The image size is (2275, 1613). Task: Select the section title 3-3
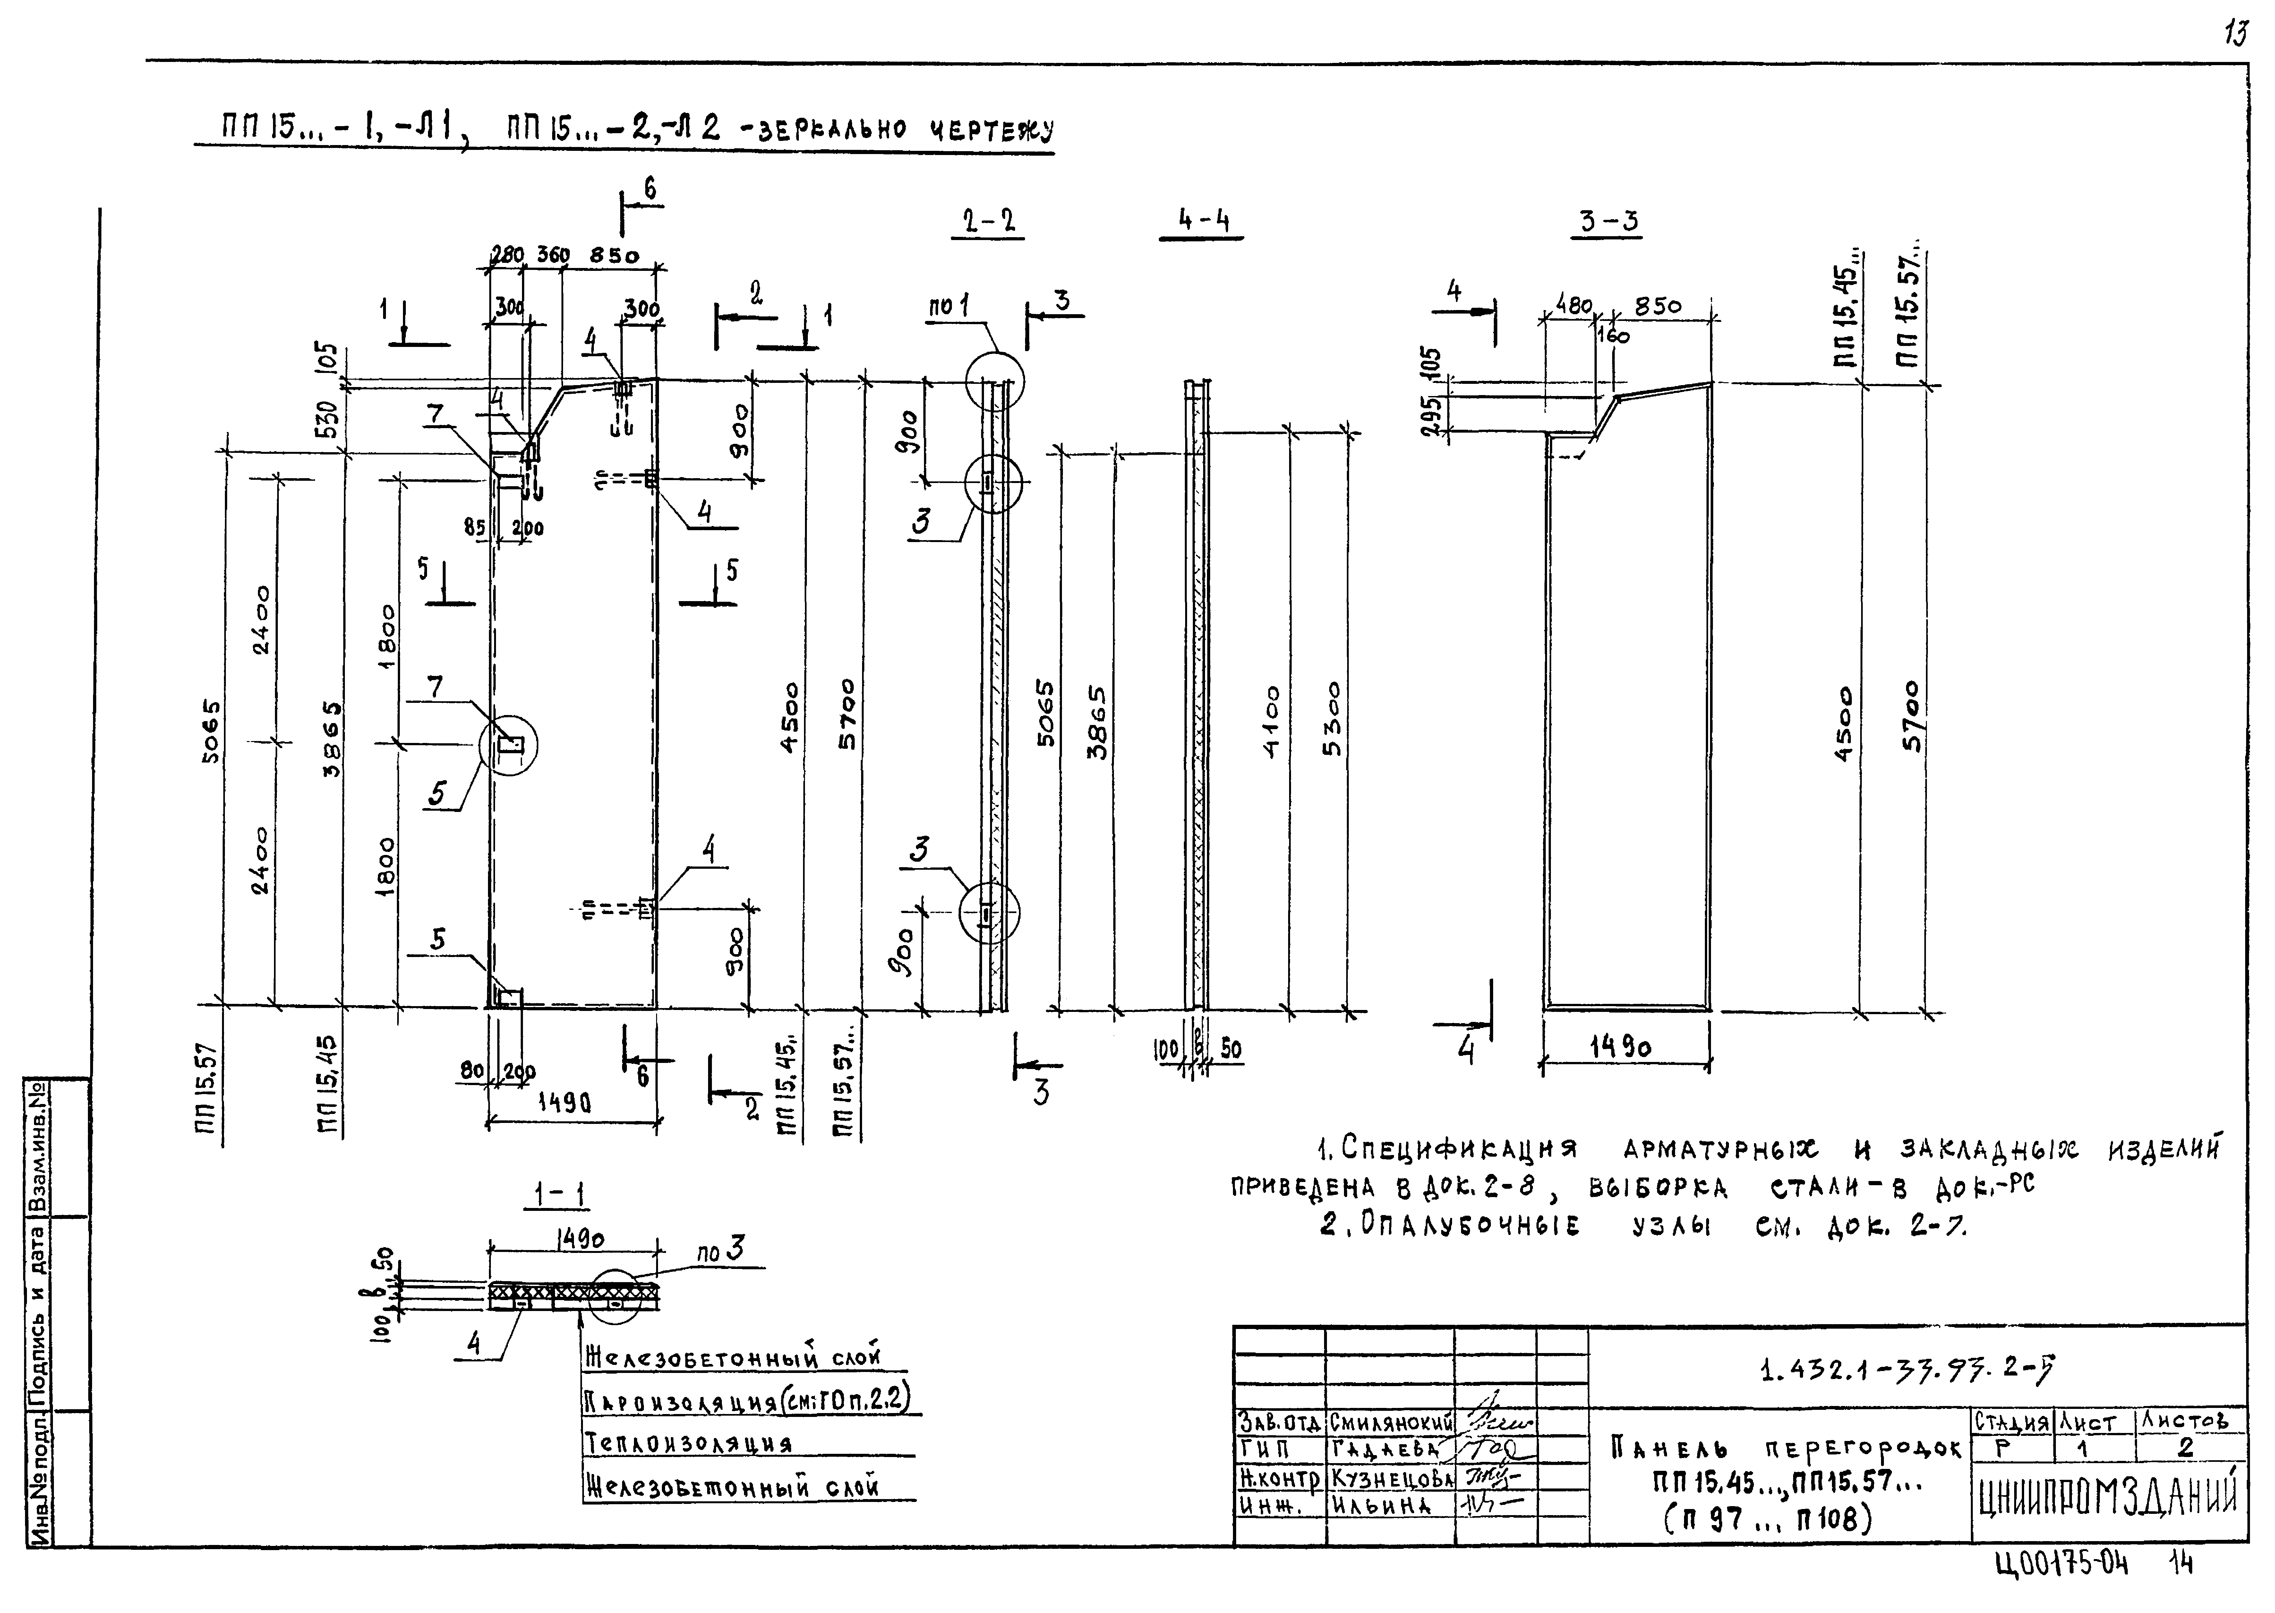pyautogui.click(x=1609, y=220)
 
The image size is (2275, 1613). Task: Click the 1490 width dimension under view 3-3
pyautogui.click(x=1621, y=1047)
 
